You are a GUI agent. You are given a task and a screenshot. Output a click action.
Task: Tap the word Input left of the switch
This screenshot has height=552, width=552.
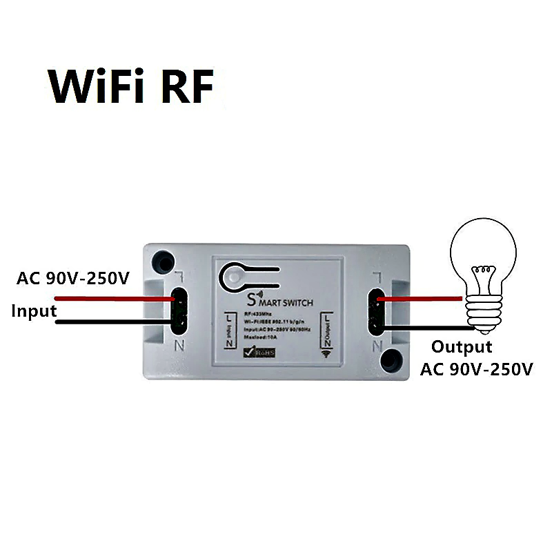(x=33, y=310)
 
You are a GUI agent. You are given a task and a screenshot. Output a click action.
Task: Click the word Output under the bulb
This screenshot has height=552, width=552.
(x=462, y=346)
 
